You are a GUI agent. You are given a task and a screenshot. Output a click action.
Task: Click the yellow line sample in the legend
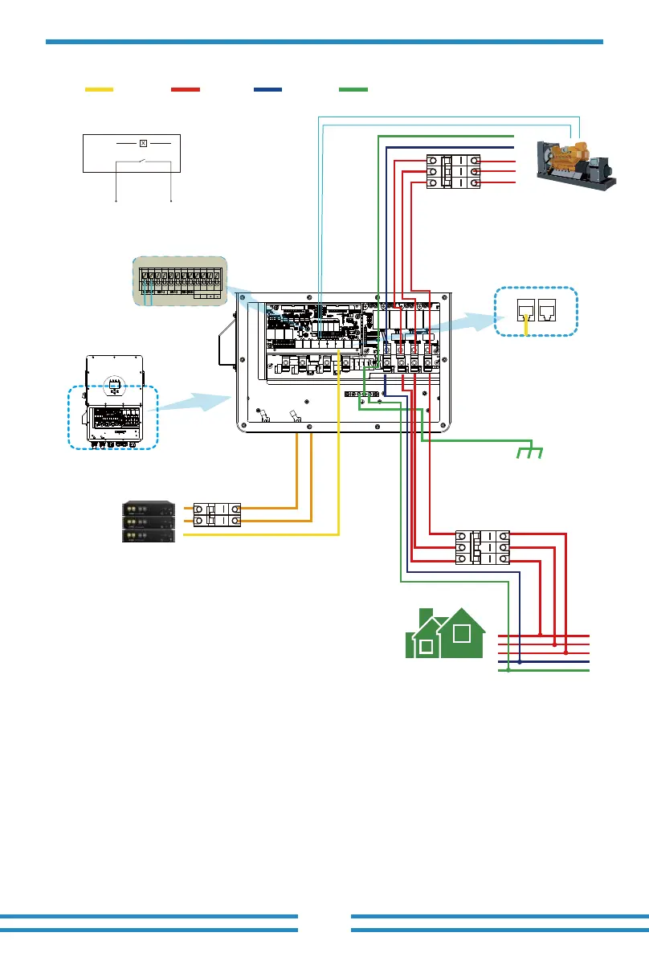coord(100,88)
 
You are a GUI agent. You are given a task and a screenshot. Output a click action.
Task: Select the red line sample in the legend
coord(186,88)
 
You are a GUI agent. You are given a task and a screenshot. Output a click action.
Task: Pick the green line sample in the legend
coord(353,88)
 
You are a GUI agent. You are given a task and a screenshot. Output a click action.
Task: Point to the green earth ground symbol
coord(530,451)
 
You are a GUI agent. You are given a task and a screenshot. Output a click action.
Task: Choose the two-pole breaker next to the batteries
coord(217,514)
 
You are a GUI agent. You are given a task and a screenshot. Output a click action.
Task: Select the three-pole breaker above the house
coord(483,546)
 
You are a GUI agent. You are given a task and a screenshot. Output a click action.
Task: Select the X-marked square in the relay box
coord(143,143)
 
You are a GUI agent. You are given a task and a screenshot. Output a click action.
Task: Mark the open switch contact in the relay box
coord(142,163)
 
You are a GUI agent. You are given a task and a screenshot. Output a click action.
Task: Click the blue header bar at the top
coord(324,41)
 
